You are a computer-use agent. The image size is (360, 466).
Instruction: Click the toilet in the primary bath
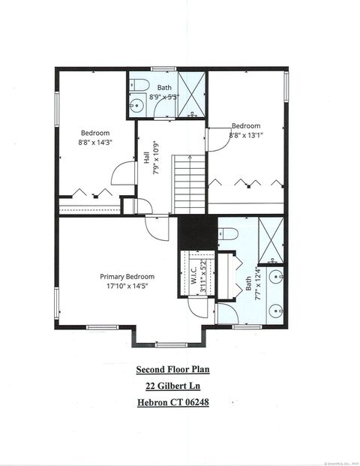(x=229, y=234)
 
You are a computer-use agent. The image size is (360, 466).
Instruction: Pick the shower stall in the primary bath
(x=270, y=239)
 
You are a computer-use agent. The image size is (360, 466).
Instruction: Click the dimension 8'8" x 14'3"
(x=95, y=141)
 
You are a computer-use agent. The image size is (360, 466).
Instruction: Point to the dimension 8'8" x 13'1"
(x=245, y=135)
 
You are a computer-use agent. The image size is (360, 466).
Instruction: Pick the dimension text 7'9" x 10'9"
(x=154, y=159)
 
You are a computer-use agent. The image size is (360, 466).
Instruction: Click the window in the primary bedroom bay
(x=169, y=344)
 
